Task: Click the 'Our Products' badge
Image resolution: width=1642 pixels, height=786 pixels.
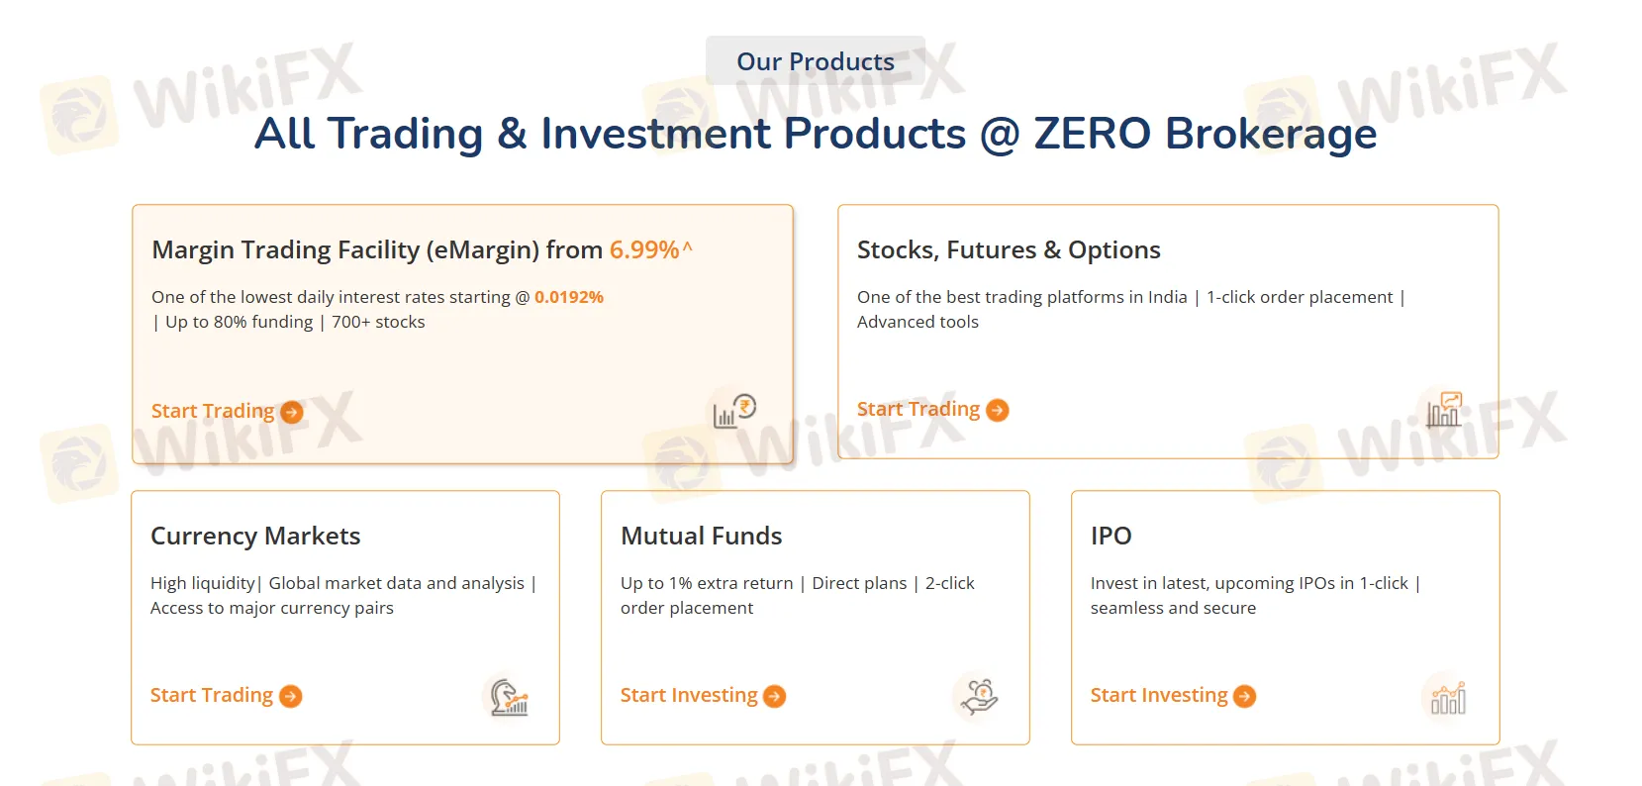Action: pos(815,61)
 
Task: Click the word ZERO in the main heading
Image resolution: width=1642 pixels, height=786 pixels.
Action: pos(1092,134)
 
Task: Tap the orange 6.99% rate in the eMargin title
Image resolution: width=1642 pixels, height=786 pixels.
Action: pos(644,249)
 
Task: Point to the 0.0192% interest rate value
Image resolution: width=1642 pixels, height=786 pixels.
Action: pos(569,297)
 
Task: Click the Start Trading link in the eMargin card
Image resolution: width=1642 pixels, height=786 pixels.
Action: pos(213,411)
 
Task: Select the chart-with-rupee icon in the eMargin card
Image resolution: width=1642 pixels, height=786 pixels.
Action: pos(734,411)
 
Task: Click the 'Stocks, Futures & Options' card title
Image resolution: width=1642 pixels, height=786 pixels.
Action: pos(1009,249)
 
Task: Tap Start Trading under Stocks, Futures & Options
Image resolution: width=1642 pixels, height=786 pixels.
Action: pos(918,409)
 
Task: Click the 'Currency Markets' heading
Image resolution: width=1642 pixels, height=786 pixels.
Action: pos(255,536)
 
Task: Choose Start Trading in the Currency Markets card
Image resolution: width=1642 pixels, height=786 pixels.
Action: pos(212,695)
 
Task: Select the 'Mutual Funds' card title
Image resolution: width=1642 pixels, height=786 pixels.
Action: pos(701,536)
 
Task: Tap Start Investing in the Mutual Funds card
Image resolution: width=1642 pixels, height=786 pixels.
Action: pos(689,695)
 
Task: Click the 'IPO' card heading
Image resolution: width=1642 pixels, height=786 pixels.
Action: pos(1111,536)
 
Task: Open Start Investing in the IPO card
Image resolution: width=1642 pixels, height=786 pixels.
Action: pos(1159,695)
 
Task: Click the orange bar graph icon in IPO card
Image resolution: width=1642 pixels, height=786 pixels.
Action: pos(1447,698)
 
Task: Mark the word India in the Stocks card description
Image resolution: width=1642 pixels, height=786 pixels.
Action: pos(1167,297)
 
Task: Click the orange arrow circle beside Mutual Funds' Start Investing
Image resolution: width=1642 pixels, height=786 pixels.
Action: pos(775,697)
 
